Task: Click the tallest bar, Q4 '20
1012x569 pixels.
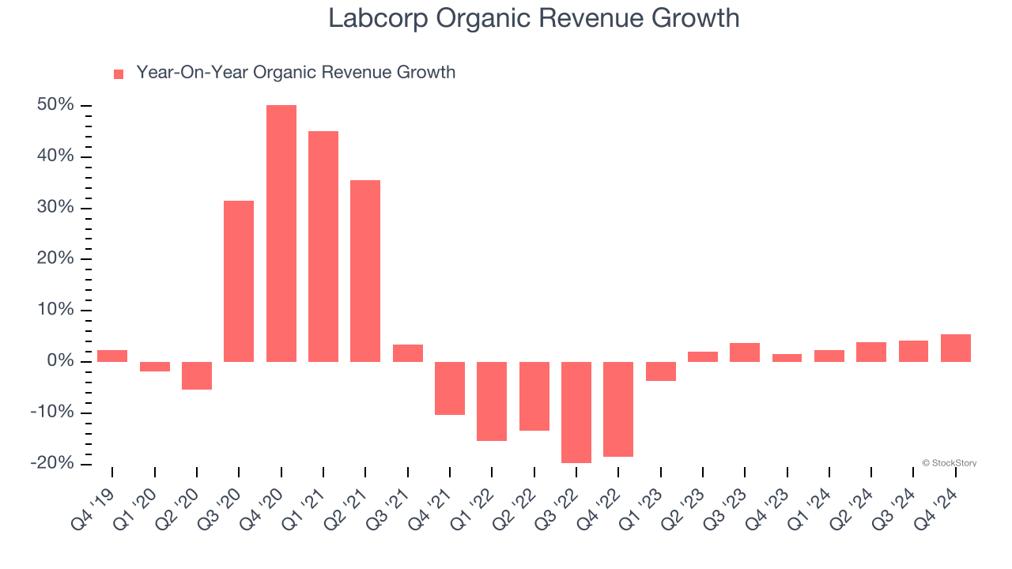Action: (x=281, y=233)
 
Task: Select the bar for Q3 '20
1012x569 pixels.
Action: (x=239, y=281)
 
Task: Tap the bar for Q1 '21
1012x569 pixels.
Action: (x=323, y=247)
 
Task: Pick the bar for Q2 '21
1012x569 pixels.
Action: (x=365, y=271)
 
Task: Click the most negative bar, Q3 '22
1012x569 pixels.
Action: (x=576, y=413)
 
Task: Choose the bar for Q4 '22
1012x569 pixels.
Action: (x=618, y=409)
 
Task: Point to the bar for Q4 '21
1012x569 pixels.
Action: (x=450, y=388)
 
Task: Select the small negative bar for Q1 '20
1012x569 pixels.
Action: (x=155, y=367)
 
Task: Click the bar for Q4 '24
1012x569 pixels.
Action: (x=956, y=349)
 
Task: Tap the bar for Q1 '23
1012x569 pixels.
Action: (x=661, y=371)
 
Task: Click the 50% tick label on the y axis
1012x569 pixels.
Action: (x=55, y=105)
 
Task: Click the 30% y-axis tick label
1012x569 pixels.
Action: (x=55, y=208)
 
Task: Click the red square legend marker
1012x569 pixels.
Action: (x=119, y=73)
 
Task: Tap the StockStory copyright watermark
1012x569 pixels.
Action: (x=949, y=463)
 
